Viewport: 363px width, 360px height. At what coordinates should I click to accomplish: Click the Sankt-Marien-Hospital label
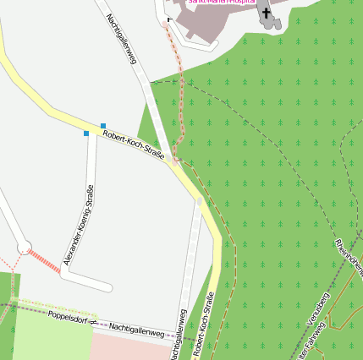tap(221, 3)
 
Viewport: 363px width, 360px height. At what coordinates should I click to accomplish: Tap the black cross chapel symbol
tap(266, 13)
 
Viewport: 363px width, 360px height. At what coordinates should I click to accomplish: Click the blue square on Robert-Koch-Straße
tap(103, 126)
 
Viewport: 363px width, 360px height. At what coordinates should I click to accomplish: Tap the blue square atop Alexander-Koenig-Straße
tap(86, 134)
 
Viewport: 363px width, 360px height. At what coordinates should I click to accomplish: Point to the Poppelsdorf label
tap(69, 319)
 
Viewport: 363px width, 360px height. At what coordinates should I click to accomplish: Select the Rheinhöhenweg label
tap(349, 259)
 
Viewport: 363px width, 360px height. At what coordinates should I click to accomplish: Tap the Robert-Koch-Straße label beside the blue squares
tap(133, 144)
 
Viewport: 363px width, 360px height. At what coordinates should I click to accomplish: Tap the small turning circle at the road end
tap(25, 247)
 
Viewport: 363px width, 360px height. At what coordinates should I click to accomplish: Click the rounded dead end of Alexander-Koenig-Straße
tap(106, 286)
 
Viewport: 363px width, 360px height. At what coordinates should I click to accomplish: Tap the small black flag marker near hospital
tap(169, 19)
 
